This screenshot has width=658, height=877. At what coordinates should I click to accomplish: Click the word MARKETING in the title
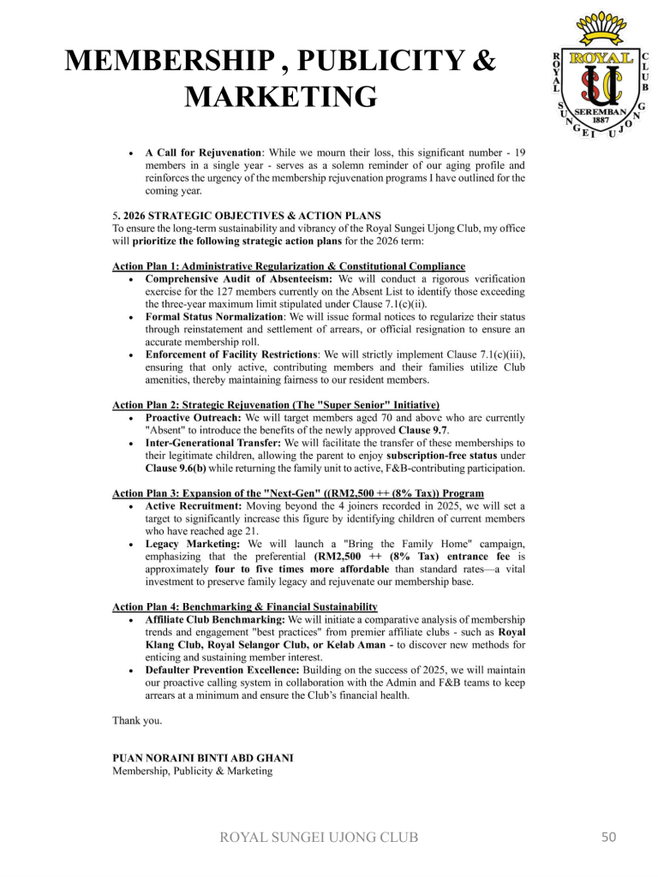[x=281, y=97]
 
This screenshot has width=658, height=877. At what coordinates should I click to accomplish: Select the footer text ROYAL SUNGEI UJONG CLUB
[x=320, y=837]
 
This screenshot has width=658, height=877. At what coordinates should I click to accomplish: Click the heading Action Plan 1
[x=289, y=266]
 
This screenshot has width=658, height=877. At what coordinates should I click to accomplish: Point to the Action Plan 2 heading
[x=276, y=404]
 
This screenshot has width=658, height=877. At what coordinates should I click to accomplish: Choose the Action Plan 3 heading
[x=298, y=493]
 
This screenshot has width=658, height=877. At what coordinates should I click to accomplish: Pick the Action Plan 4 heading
[x=245, y=606]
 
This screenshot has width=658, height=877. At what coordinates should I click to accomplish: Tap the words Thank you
[x=137, y=720]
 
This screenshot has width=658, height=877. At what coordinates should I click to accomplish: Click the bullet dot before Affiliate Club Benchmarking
[x=129, y=619]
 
